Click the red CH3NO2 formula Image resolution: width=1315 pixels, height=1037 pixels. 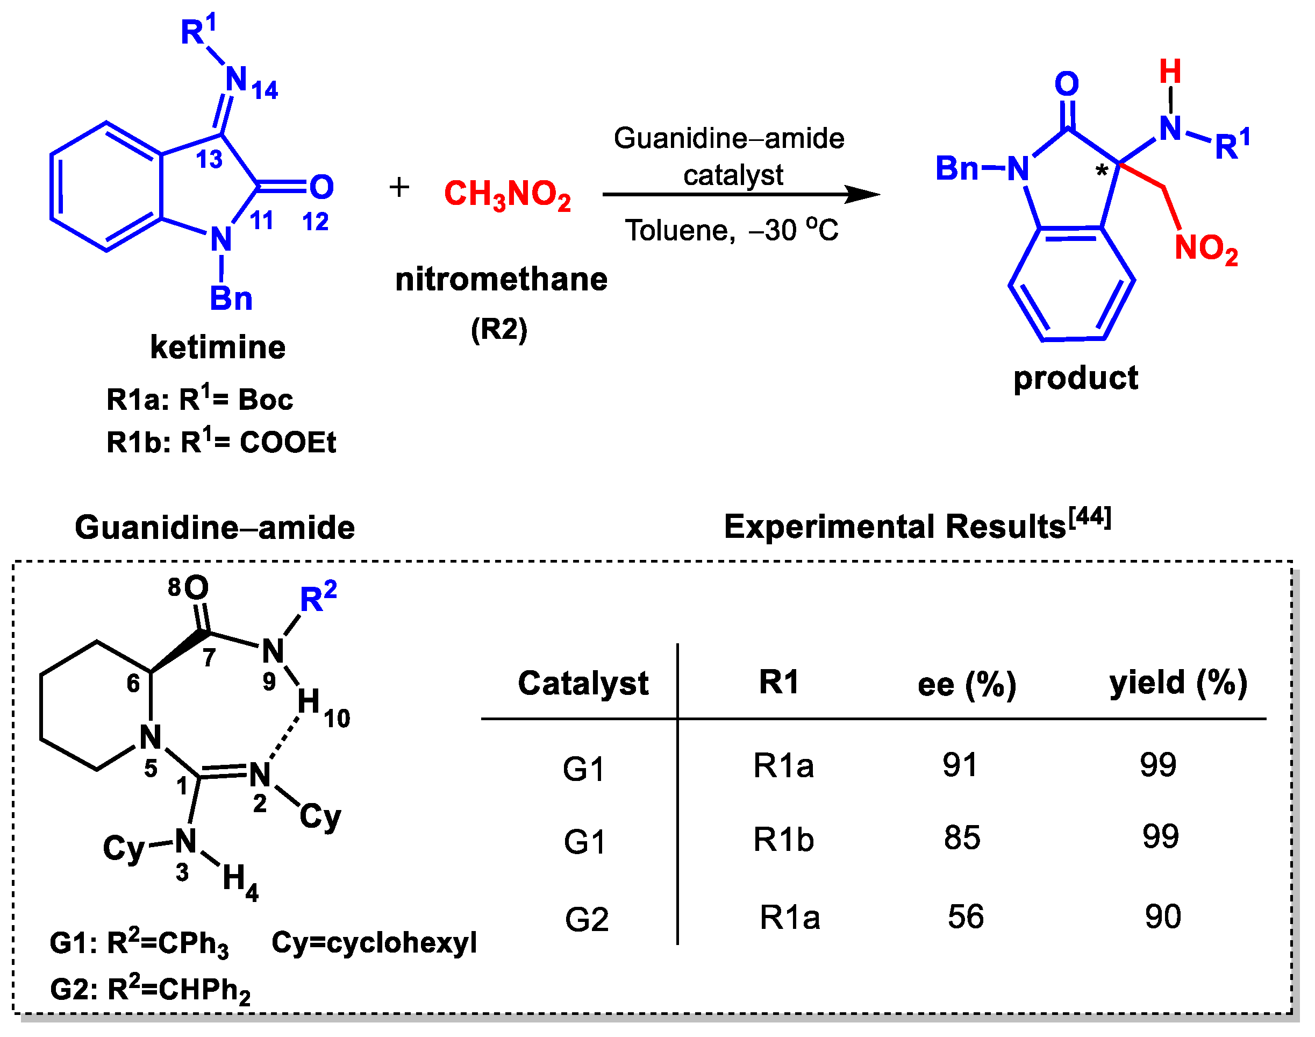pyautogui.click(x=508, y=194)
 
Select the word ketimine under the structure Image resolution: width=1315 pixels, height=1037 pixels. pyautogui.click(x=218, y=347)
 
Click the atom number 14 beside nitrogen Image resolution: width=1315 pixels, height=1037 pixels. pyautogui.click(x=265, y=90)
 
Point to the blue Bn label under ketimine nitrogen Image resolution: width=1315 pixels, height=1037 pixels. pyautogui.click(x=231, y=298)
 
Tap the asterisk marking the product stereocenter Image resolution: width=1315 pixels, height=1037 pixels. pyautogui.click(x=1102, y=172)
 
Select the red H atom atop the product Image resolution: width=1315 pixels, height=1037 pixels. pyautogui.click(x=1170, y=72)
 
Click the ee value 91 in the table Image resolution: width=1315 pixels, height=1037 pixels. pyautogui.click(x=960, y=764)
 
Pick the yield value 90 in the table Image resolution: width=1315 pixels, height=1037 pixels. pyautogui.click(x=1163, y=916)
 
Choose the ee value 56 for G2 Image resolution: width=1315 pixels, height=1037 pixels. pyautogui.click(x=966, y=916)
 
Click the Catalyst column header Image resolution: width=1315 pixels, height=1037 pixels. pyautogui.click(x=583, y=683)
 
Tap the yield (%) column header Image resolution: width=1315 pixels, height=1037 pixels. pyautogui.click(x=1178, y=683)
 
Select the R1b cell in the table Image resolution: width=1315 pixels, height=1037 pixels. pyautogui.click(x=783, y=840)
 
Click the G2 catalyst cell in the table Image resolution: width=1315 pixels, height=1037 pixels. pyautogui.click(x=586, y=919)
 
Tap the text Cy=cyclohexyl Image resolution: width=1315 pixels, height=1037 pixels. pyautogui.click(x=374, y=943)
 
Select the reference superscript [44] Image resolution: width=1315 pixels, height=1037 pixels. pyautogui.click(x=1090, y=517)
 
